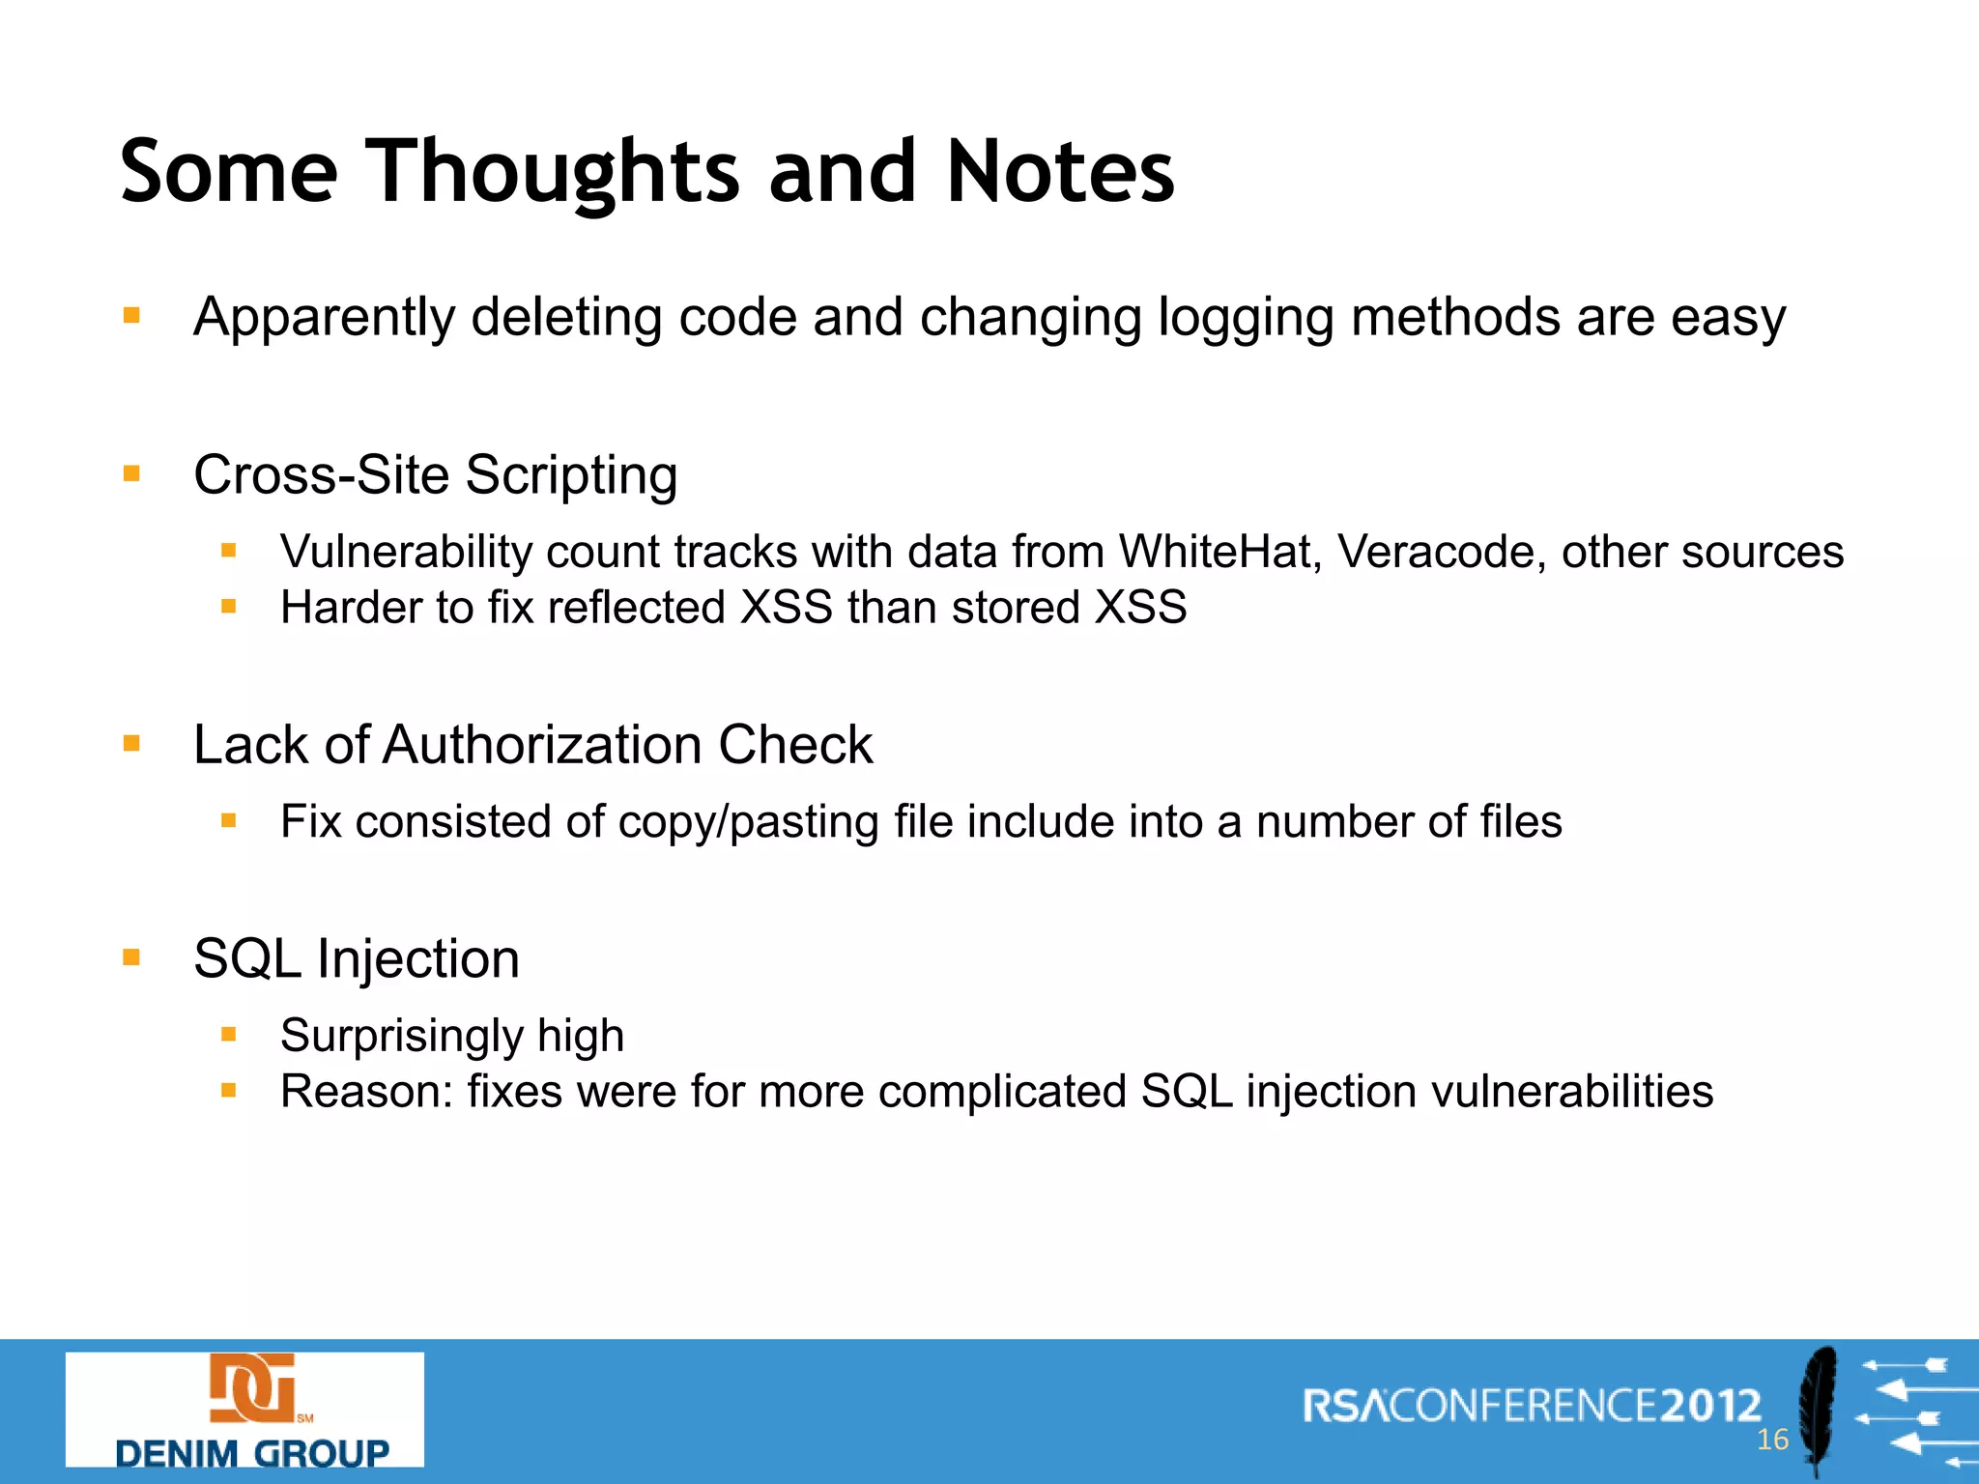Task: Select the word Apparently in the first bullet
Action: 324,318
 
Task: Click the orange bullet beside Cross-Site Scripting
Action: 132,473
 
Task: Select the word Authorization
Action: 542,745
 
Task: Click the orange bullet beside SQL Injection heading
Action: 132,957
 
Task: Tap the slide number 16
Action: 1772,1440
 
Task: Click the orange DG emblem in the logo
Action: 252,1388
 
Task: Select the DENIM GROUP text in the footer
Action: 251,1452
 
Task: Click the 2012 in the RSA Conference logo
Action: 1710,1406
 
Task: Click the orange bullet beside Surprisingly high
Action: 229,1035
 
